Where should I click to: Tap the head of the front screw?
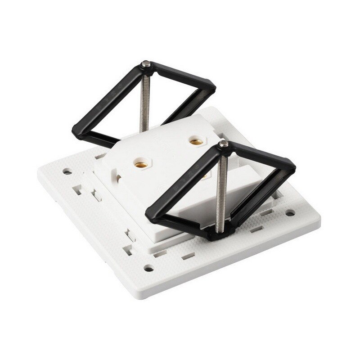coord(223,144)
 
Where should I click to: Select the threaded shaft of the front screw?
coord(220,189)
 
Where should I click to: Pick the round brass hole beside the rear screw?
coord(195,141)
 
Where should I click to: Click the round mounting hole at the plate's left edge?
coord(67,172)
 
